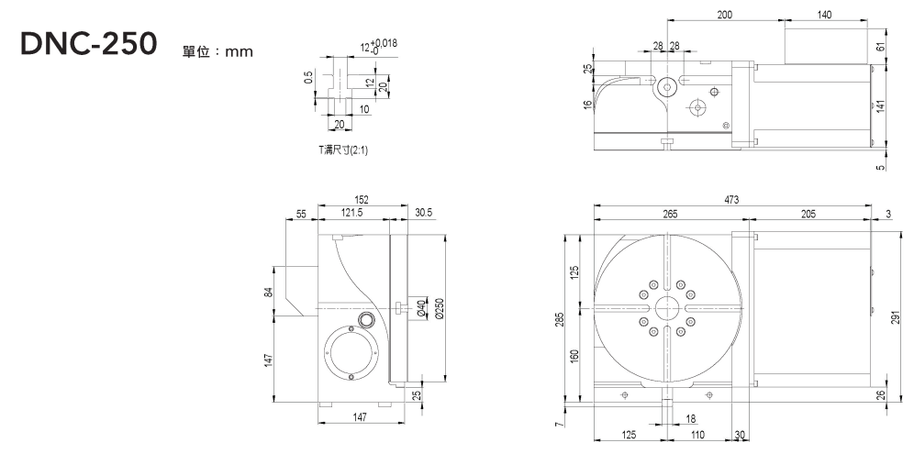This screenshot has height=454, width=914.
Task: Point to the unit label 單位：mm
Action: point(218,51)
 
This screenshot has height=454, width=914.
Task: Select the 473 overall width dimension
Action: point(731,200)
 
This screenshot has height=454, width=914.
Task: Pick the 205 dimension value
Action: point(808,214)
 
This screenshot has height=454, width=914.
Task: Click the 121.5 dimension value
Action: point(351,213)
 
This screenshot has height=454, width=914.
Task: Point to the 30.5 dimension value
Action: point(423,213)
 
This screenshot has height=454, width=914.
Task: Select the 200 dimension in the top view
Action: point(724,15)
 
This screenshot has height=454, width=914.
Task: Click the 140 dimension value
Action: point(823,15)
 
